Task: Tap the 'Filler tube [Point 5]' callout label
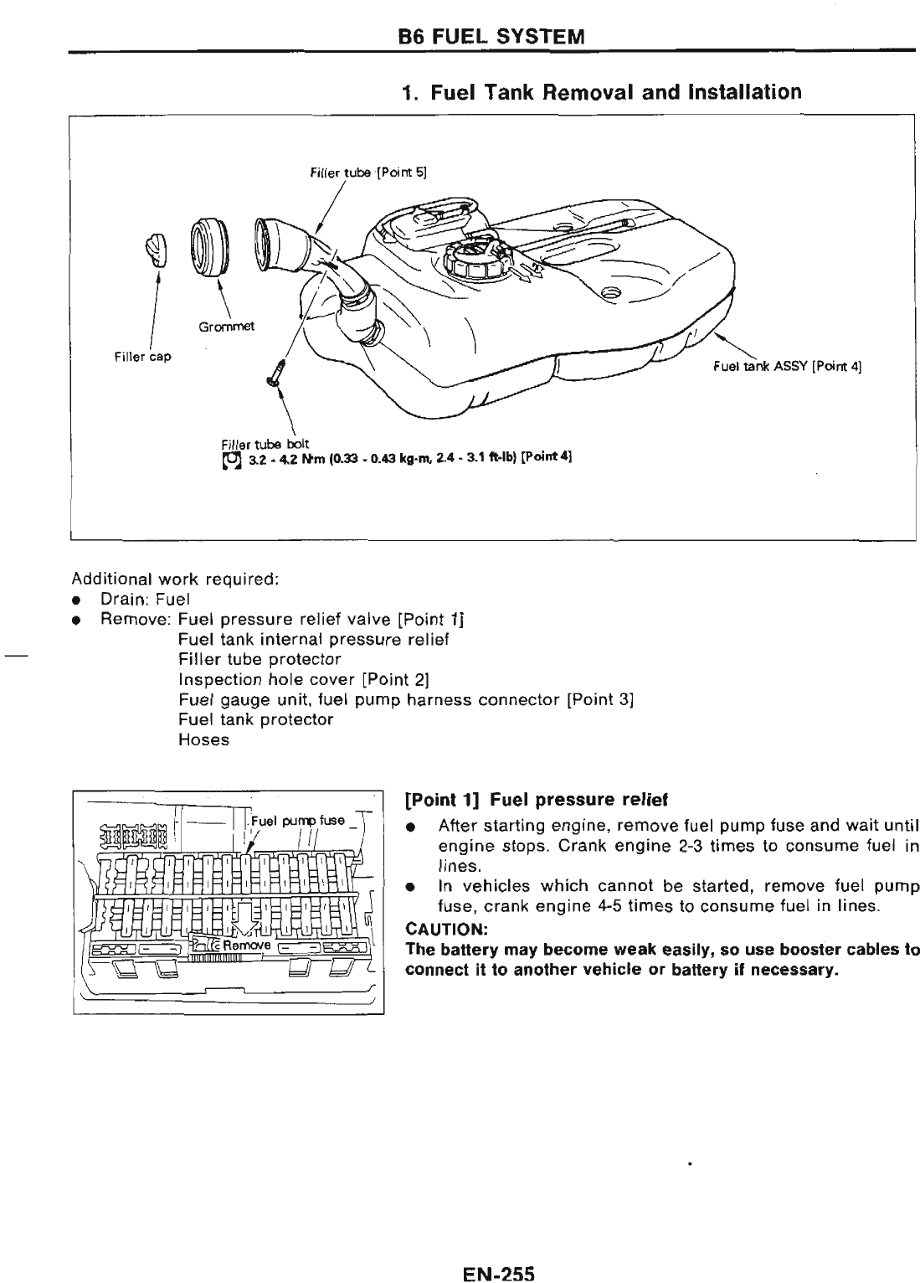(x=368, y=173)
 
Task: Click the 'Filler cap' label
(x=142, y=357)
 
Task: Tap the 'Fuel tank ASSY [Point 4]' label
(x=787, y=366)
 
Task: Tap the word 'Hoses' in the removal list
(x=203, y=739)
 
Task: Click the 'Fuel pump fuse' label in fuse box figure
(x=297, y=820)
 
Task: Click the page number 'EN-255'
(x=497, y=1273)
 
